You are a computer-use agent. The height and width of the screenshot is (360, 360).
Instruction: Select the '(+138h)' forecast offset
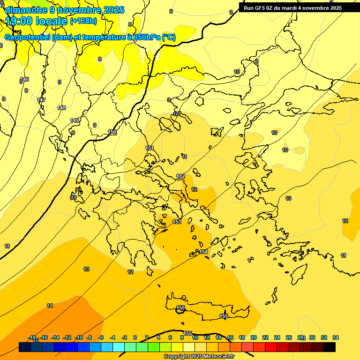coord(83,21)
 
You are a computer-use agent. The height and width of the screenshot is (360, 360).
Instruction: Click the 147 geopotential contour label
coord(41,100)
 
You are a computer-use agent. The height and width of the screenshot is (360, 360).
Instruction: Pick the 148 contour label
coord(61,108)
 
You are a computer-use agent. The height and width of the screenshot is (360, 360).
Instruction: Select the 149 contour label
coord(75,120)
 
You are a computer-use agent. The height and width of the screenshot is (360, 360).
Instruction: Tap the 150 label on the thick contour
coord(112,132)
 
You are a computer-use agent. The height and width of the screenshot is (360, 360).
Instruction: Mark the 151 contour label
coord(150,148)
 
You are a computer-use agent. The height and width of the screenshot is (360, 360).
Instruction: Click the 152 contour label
coord(180,176)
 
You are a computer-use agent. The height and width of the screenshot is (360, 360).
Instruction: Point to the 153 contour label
coord(177,222)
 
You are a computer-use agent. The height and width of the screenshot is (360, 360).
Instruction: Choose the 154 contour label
coord(203,252)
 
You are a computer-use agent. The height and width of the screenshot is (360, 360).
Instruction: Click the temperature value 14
coord(50,306)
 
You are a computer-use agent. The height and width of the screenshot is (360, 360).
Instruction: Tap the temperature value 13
coord(86,269)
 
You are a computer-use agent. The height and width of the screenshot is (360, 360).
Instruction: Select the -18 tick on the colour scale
coord(32,337)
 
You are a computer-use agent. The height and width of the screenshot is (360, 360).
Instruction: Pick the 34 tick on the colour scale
coord(336,337)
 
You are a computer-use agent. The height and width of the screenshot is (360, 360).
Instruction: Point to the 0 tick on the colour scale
coord(135,337)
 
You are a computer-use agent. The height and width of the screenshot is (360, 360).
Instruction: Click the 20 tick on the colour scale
coord(254,337)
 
